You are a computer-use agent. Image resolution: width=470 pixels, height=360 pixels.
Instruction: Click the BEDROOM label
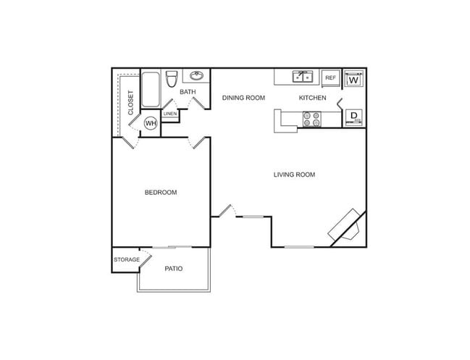161,192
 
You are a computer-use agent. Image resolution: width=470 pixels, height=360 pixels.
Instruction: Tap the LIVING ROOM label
294,175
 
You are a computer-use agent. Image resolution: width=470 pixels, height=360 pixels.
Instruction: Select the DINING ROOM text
243,98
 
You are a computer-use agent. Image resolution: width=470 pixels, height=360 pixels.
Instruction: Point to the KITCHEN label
313,98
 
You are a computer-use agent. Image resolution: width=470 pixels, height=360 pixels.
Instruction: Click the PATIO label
173,269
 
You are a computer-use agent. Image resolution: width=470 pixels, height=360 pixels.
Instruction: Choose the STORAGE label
126,259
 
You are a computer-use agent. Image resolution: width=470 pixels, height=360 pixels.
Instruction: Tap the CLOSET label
130,102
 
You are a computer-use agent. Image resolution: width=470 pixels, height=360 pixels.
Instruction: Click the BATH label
188,92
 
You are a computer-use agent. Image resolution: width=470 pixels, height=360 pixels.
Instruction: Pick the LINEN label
170,114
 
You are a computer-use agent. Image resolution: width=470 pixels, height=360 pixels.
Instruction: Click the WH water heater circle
151,123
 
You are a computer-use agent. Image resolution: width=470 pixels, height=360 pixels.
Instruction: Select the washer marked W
353,79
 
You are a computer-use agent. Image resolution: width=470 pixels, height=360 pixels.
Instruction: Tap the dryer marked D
353,117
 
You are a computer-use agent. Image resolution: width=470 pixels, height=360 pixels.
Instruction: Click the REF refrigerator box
330,78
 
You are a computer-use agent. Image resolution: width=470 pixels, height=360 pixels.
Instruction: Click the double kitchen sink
302,76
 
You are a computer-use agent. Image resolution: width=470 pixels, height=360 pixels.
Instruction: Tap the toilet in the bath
171,79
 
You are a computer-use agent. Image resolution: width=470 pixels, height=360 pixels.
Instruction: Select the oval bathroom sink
196,75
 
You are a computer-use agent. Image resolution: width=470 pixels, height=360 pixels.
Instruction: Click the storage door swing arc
146,254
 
